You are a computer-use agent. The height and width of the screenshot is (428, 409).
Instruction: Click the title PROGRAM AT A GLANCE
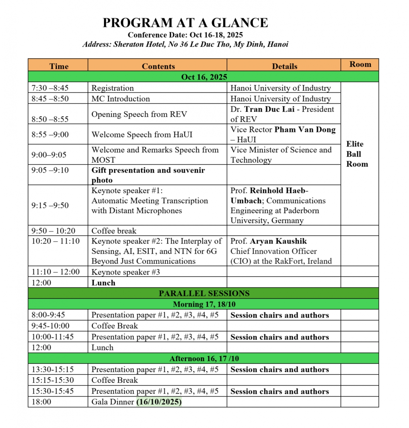pyautogui.click(x=185, y=23)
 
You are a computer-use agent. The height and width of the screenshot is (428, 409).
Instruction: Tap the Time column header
pyautogui.click(x=59, y=66)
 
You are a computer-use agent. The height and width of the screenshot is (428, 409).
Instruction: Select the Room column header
pyautogui.click(x=360, y=64)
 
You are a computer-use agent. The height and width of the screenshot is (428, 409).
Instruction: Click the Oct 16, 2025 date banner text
pyautogui.click(x=204, y=77)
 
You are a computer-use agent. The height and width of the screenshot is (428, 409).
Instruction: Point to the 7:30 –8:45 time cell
pyautogui.click(x=50, y=88)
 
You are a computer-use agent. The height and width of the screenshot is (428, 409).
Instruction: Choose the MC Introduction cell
pyautogui.click(x=121, y=99)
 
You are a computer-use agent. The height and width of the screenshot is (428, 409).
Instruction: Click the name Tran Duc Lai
pyautogui.click(x=269, y=109)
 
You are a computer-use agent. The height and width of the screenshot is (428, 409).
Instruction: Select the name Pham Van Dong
pyautogui.click(x=305, y=130)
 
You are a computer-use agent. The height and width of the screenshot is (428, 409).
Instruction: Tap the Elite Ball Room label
pyautogui.click(x=357, y=154)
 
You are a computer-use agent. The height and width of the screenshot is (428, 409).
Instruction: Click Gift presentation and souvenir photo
pyautogui.click(x=148, y=175)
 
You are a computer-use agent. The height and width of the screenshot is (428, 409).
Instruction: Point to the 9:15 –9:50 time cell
pyautogui.click(x=50, y=205)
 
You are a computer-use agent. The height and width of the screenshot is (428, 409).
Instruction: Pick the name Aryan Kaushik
pyautogui.click(x=278, y=241)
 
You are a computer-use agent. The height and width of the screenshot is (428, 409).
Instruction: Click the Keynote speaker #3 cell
pyautogui.click(x=125, y=272)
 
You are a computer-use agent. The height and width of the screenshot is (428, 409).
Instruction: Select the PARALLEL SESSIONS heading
pyautogui.click(x=204, y=293)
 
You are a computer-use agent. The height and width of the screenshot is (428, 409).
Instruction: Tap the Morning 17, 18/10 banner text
pyautogui.click(x=204, y=304)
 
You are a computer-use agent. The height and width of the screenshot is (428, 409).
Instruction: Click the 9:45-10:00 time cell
pyautogui.click(x=50, y=326)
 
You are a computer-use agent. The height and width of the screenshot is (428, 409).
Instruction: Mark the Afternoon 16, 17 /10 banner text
pyautogui.click(x=204, y=358)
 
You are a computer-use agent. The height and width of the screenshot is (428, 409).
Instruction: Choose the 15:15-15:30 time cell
pyautogui.click(x=53, y=380)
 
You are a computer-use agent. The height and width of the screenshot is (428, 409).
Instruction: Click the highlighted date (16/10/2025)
pyautogui.click(x=159, y=402)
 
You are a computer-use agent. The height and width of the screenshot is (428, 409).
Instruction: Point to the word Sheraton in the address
pyautogui.click(x=129, y=44)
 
